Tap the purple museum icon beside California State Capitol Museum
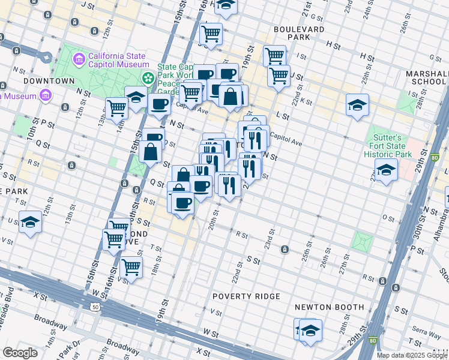(x=79, y=59)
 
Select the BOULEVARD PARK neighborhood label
(x=298, y=33)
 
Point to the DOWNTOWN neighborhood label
(x=49, y=80)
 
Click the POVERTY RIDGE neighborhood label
(x=247, y=296)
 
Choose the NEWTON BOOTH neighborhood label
(x=330, y=307)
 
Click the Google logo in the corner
(x=20, y=353)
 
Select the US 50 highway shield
(x=95, y=307)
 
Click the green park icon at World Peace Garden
(x=148, y=78)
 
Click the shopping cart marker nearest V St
(x=131, y=268)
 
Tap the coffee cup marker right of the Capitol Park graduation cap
(x=159, y=104)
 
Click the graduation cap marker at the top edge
(x=226, y=5)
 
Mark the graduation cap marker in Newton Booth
(x=310, y=330)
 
